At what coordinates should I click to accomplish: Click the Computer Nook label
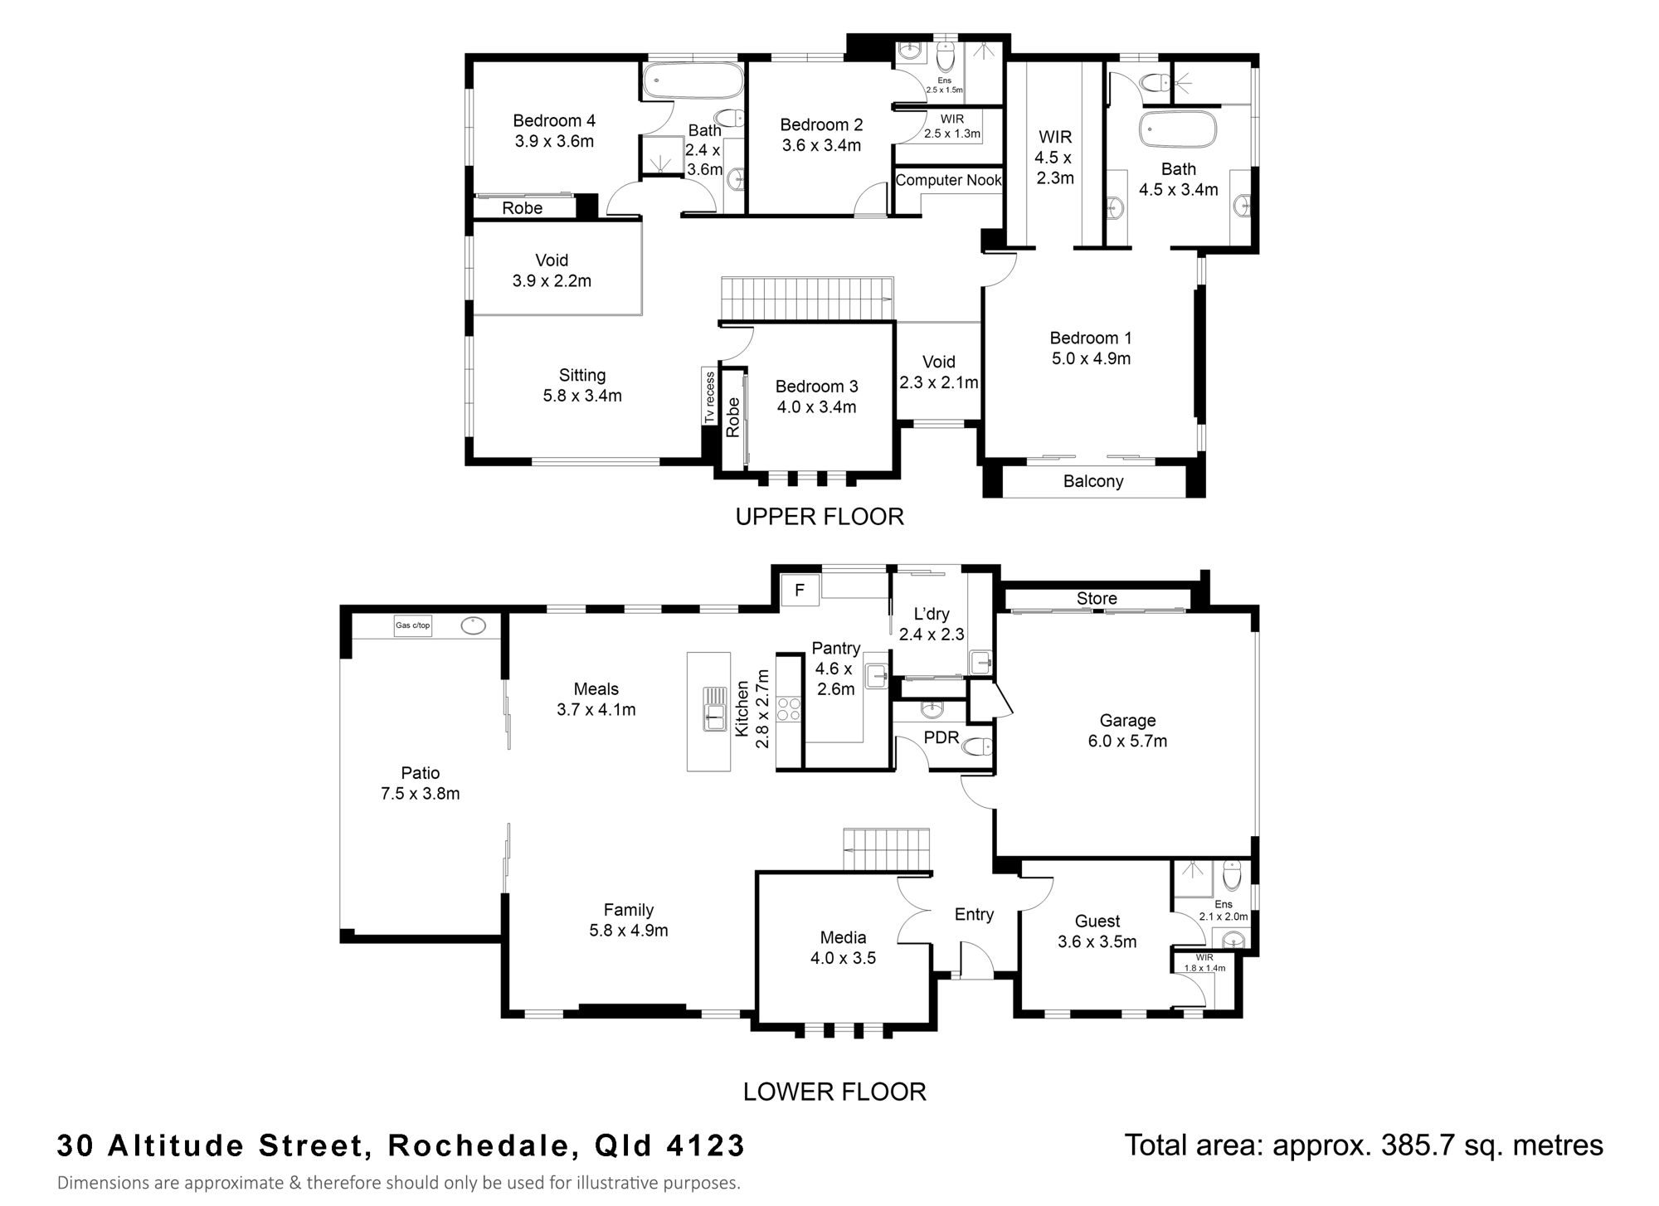click(x=949, y=180)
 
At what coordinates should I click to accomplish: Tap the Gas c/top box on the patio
click(x=413, y=625)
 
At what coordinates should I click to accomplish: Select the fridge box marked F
click(x=800, y=591)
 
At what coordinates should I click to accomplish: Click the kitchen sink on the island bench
click(x=714, y=709)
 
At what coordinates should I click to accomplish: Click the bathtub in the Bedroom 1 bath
click(x=1178, y=130)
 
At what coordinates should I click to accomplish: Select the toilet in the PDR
click(x=975, y=746)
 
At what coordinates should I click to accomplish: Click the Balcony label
click(x=1093, y=481)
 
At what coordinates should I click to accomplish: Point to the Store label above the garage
click(x=1097, y=598)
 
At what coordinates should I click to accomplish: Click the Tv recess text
click(x=709, y=397)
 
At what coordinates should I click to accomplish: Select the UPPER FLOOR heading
click(x=820, y=517)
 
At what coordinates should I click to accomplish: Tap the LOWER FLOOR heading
click(x=834, y=1092)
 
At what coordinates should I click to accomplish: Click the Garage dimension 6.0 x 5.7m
click(x=1127, y=742)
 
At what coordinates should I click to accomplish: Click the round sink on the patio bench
click(x=473, y=625)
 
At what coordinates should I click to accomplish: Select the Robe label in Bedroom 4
click(x=522, y=208)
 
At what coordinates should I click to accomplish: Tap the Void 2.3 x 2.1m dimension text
click(x=939, y=382)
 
